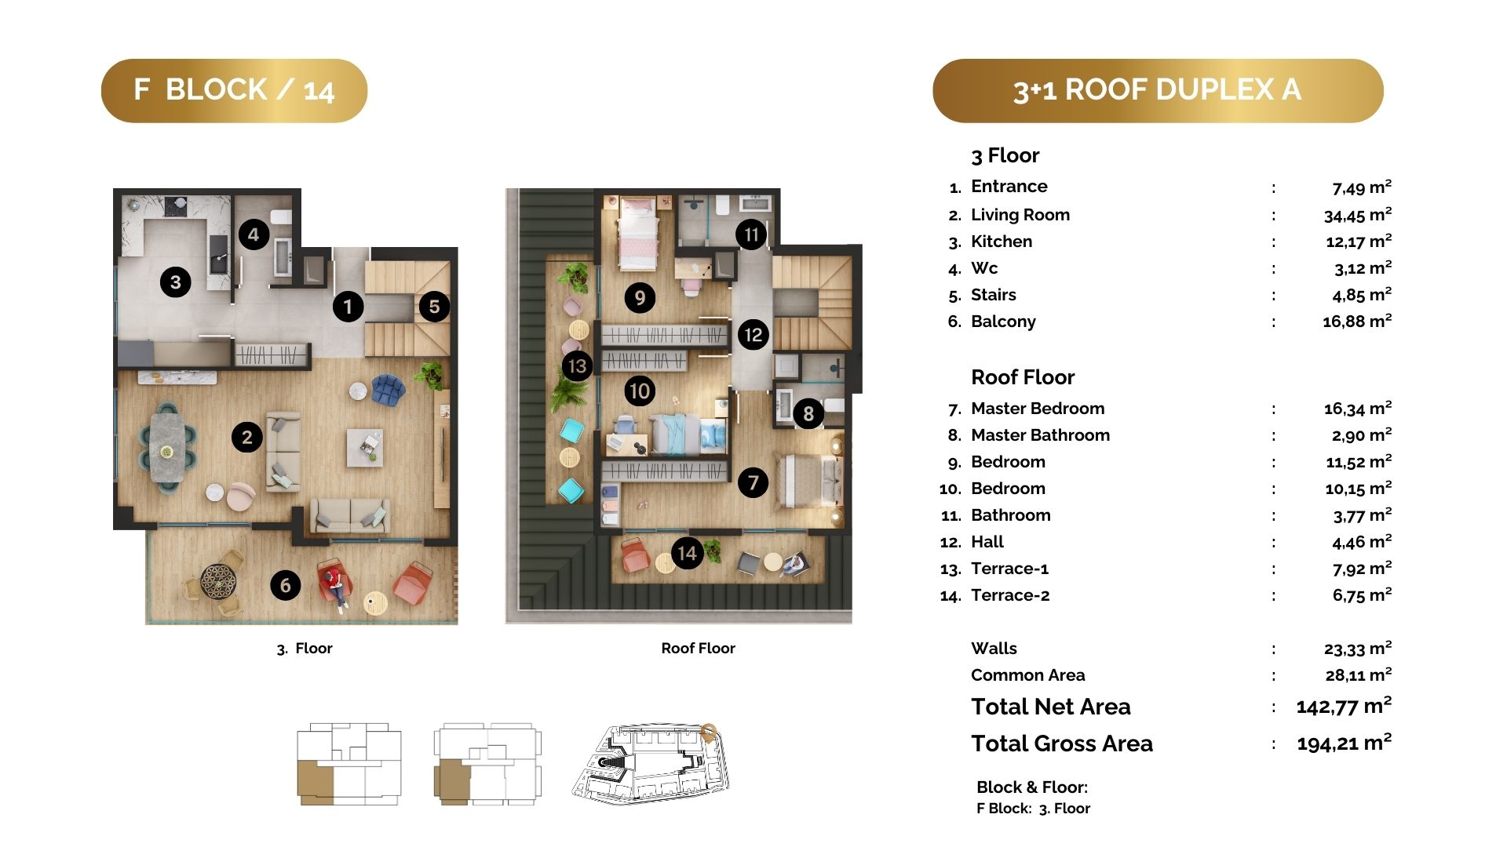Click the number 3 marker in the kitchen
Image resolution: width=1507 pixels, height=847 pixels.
point(175,282)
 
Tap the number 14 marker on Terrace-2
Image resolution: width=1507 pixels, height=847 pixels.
point(687,553)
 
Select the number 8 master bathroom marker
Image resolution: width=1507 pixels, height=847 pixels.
point(808,413)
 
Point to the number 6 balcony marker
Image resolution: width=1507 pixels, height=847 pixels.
point(285,584)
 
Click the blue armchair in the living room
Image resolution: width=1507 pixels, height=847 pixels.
point(389,390)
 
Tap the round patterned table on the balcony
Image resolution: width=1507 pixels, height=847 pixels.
point(218,581)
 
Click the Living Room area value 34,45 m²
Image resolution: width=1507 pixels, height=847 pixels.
point(1357,215)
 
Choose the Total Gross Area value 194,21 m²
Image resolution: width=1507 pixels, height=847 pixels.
point(1344,742)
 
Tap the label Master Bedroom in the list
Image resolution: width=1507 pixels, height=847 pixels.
point(1038,409)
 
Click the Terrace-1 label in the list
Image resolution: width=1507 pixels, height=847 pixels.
point(1009,569)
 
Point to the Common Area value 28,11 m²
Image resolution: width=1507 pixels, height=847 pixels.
point(1358,674)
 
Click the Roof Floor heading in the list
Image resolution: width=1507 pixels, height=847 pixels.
point(1023,377)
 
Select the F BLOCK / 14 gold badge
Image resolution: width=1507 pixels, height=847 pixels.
point(234,90)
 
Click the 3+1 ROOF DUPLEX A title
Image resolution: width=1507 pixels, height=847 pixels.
point(1158,90)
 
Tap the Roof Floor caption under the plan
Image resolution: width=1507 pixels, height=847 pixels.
point(698,649)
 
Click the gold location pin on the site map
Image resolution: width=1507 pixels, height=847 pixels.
point(708,732)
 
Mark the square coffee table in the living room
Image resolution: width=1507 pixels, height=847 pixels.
point(365,447)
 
